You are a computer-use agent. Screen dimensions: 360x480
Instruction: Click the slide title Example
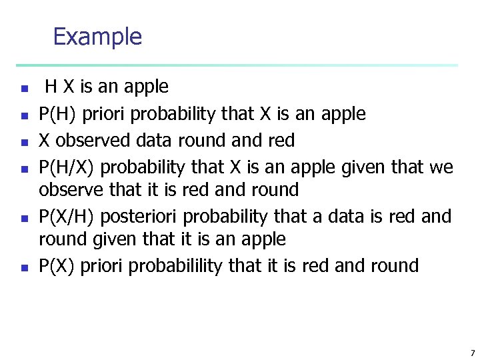pyautogui.click(x=97, y=36)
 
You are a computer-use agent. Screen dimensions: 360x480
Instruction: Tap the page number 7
pyautogui.click(x=472, y=353)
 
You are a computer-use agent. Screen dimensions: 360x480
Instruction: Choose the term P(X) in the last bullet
pyautogui.click(x=57, y=266)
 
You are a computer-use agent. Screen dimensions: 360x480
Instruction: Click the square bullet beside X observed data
pyautogui.click(x=23, y=142)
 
